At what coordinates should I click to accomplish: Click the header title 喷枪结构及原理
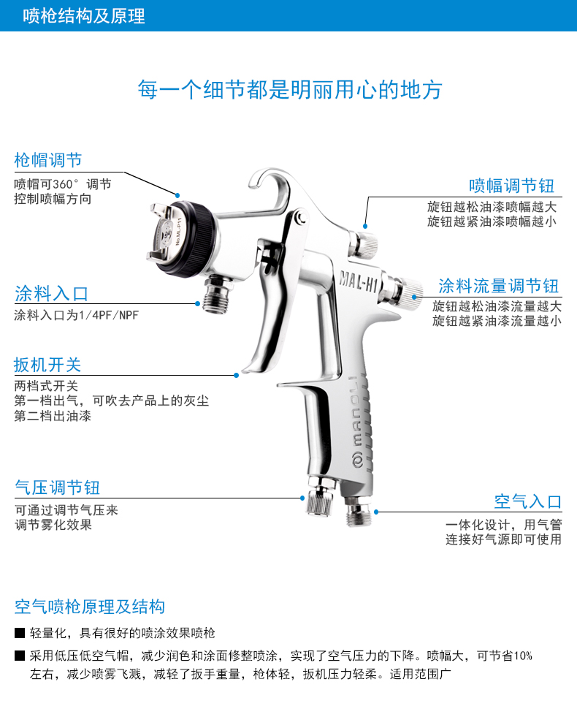84,16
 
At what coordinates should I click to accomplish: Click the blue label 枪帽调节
48,160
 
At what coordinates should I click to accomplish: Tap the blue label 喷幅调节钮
512,186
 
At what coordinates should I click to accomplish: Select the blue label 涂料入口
51,294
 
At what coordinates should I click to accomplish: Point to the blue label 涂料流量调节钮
498,286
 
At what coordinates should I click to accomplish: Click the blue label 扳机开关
47,365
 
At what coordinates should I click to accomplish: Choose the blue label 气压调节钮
57,488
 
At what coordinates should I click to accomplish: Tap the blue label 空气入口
527,501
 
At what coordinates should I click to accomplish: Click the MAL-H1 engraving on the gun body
358,281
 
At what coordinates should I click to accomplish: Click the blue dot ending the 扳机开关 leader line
236,376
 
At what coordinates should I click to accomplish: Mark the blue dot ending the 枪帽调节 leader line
177,195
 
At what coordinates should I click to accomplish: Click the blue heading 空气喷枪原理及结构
90,607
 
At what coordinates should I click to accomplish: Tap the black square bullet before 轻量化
20,633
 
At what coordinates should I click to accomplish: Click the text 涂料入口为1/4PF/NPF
76,315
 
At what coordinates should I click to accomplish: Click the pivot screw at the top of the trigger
301,218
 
